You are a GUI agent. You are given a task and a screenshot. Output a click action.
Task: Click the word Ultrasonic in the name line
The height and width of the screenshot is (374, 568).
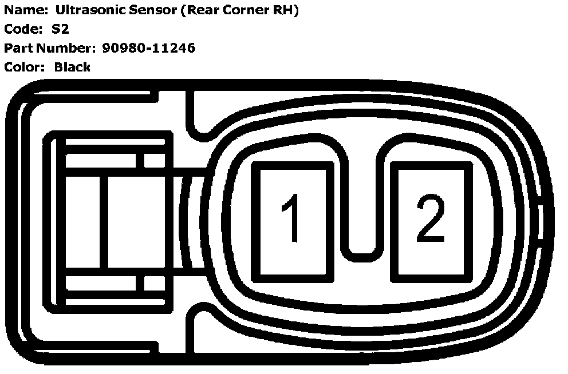coord(86,10)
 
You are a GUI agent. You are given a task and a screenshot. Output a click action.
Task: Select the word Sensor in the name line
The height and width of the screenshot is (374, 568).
coord(150,10)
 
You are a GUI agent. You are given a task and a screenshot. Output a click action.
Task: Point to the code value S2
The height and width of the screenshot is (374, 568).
coord(60,29)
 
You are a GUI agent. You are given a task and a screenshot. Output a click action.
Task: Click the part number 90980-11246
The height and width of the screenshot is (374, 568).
coord(148,48)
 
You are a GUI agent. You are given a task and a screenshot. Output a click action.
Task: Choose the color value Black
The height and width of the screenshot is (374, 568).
coord(72,67)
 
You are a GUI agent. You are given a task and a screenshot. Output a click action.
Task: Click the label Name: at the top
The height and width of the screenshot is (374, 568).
coord(25,10)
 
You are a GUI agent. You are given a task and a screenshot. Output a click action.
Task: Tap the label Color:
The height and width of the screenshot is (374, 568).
coord(24,67)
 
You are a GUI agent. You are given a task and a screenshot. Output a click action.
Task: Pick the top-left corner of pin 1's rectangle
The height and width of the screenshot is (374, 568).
coord(254,165)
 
